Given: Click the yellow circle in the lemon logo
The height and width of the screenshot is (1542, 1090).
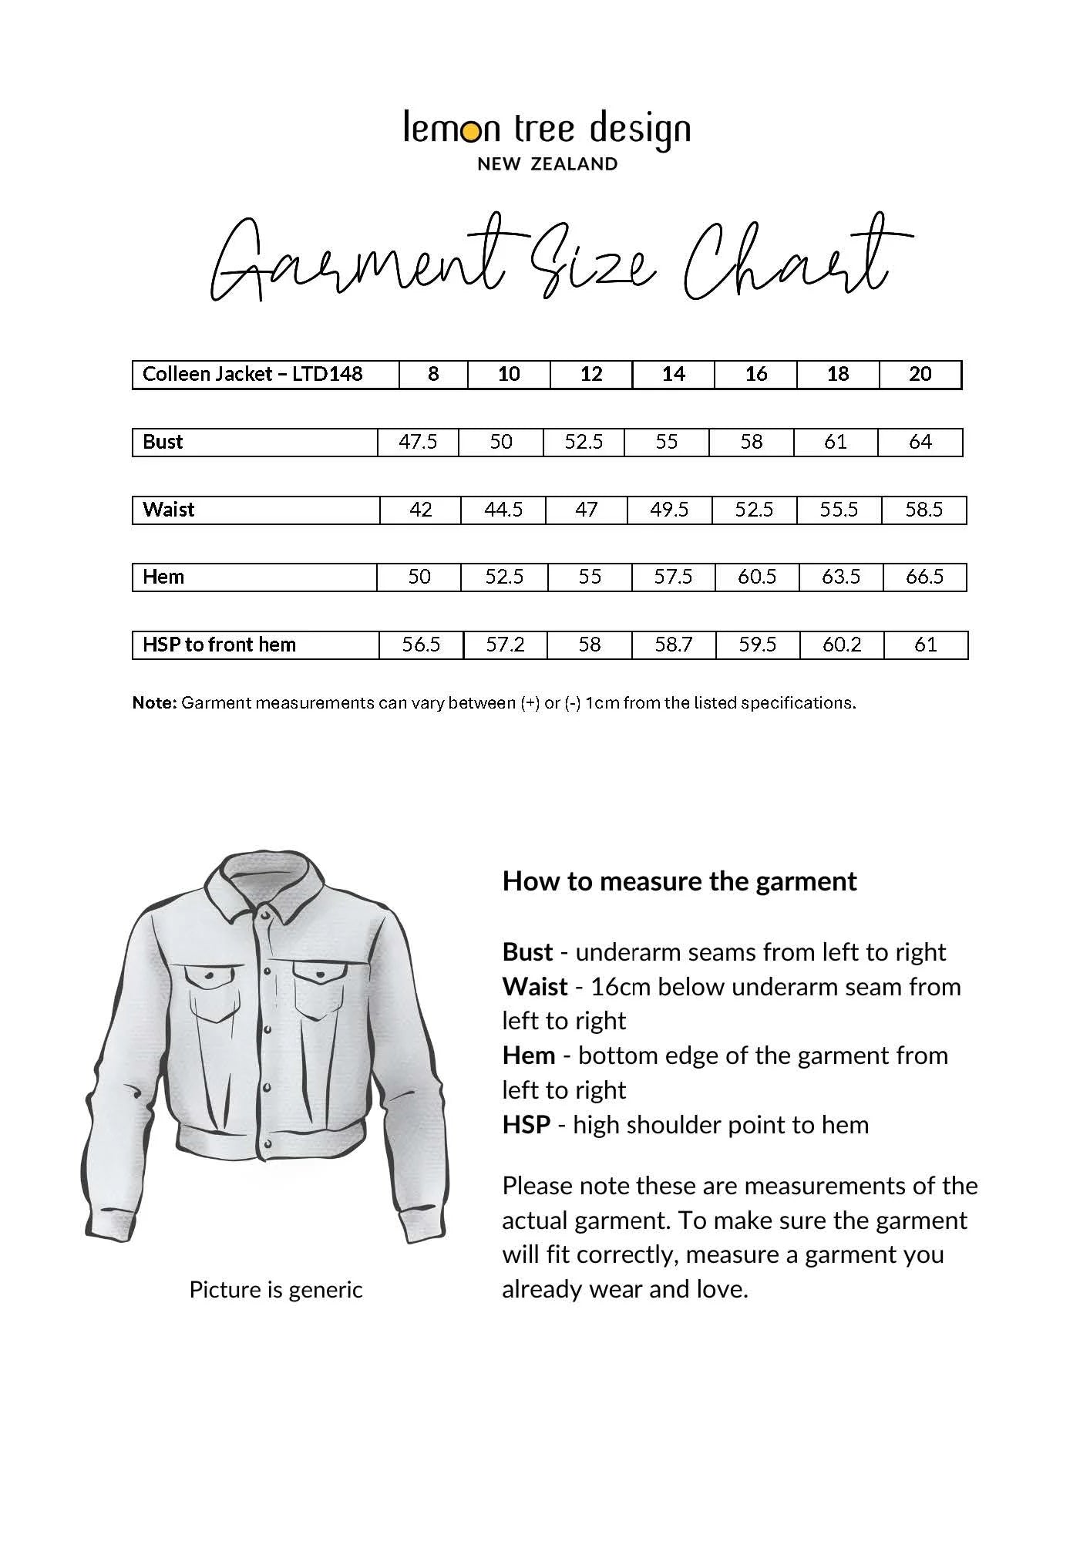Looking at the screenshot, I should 471,133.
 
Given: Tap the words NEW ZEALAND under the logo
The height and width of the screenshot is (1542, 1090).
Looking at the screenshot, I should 547,163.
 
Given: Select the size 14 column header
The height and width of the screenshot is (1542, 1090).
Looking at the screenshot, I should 673,374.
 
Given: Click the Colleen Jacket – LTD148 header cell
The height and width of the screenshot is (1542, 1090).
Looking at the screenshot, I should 252,374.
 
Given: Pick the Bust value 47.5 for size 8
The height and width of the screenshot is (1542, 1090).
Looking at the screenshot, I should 418,442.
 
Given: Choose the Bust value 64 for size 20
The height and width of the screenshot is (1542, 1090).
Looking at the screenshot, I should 920,442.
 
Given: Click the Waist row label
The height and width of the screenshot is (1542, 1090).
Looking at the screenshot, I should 169,510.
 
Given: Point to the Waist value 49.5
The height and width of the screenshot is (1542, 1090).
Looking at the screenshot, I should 669,510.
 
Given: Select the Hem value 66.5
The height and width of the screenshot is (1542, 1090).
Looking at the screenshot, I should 924,577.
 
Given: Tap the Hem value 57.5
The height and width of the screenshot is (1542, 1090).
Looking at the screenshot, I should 673,577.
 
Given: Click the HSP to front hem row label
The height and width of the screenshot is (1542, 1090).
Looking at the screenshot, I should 219,645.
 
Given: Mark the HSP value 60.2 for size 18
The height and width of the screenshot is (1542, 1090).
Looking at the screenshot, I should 842,645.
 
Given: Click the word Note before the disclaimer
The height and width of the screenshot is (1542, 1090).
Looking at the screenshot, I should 154,703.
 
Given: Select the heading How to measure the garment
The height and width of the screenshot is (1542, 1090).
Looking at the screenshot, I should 679,881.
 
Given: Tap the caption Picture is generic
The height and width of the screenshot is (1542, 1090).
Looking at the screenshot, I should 276,1290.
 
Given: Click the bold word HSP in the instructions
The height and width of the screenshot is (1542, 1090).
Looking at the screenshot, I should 526,1125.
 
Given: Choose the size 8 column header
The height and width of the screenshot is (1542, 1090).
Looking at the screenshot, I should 433,374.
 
